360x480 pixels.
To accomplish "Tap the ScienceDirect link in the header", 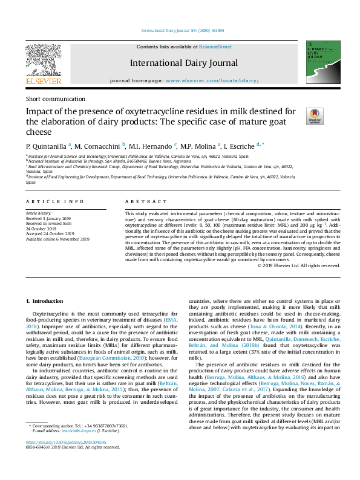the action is click(215, 47).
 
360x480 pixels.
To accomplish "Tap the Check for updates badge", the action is click(315, 116).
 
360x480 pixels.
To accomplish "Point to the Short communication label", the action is click(55, 99).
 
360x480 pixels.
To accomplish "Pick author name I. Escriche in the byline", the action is click(240, 146).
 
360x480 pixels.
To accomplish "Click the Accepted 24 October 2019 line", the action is click(50, 233).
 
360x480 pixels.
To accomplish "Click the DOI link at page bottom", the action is click(66, 459).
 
